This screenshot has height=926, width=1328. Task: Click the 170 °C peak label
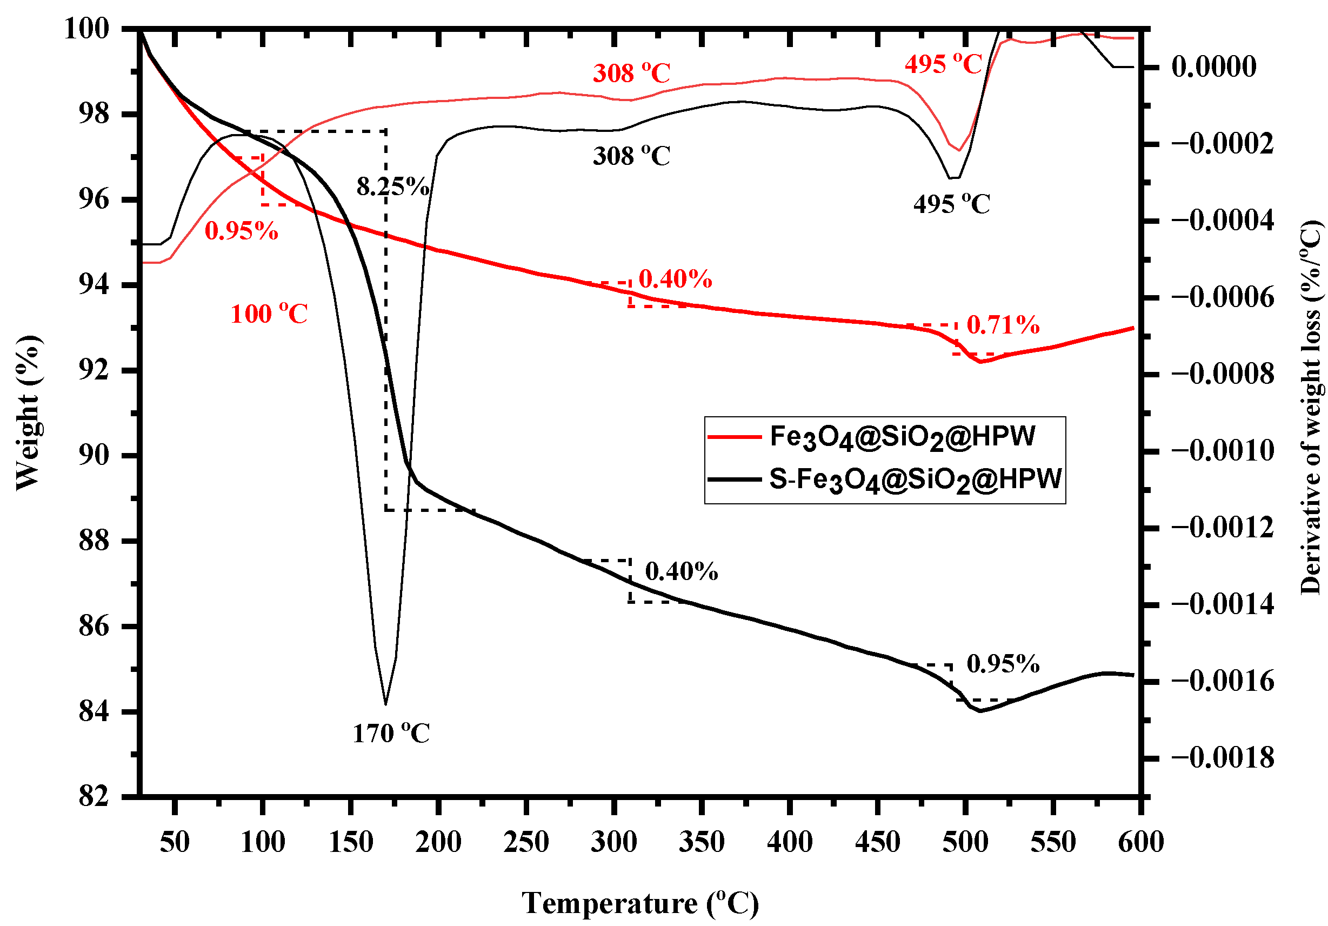coord(391,734)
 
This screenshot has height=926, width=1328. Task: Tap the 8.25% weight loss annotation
coord(393,187)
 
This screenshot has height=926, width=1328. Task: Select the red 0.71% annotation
coord(1003,325)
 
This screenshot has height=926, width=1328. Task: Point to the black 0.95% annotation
coord(1003,664)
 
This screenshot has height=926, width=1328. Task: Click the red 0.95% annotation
coord(241,231)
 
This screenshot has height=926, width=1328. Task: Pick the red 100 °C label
coord(269,314)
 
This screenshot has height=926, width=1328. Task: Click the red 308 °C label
coord(631,74)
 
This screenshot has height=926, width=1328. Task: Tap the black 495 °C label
coord(951,204)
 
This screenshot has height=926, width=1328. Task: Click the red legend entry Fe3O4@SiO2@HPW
coord(902,437)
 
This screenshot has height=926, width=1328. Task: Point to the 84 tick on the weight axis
coord(94,712)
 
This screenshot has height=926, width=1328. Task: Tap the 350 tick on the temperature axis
coord(702,842)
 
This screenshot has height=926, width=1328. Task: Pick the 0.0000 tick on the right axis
coord(1213,66)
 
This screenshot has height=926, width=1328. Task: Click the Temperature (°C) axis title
coord(640,903)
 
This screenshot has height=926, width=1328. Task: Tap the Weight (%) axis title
coord(28,412)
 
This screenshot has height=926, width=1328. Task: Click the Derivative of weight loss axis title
coord(1311,408)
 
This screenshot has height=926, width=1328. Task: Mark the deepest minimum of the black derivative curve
coord(385,704)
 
